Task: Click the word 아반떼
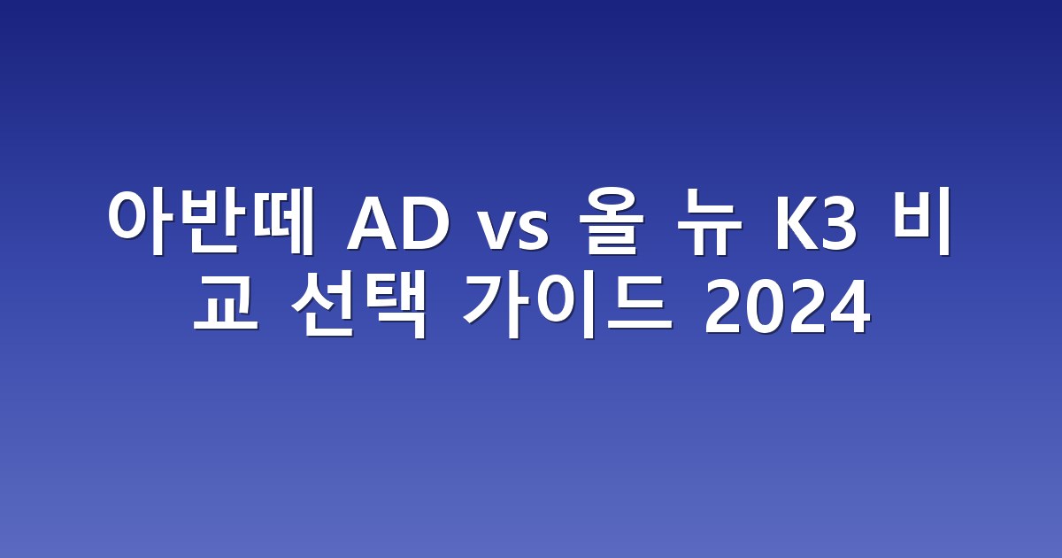click(211, 221)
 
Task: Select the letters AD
click(397, 222)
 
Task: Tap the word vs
click(514, 229)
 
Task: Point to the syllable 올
click(612, 221)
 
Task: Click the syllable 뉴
click(709, 221)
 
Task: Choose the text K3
click(816, 222)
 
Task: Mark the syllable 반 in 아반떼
click(212, 221)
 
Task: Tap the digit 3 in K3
click(838, 222)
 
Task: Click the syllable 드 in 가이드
click(640, 304)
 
